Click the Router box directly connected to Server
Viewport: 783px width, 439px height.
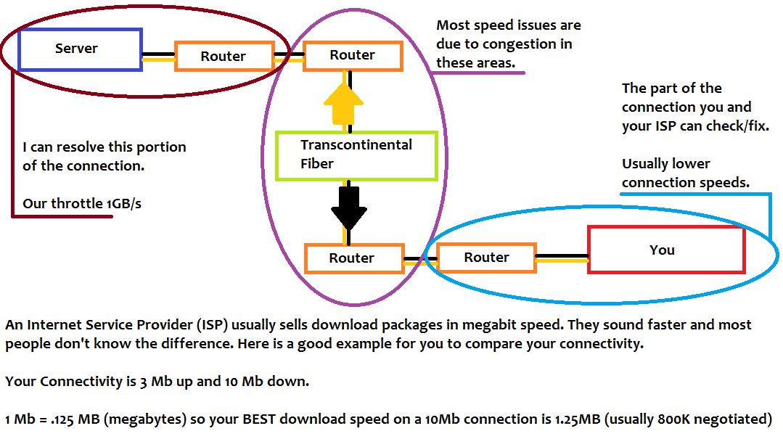(224, 56)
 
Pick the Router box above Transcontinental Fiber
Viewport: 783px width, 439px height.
(353, 56)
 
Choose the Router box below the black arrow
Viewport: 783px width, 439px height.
(354, 258)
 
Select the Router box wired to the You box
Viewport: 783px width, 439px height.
(486, 258)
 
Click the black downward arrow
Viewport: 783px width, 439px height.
(349, 208)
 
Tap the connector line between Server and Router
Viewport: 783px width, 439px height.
(159, 57)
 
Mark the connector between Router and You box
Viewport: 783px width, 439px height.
(562, 258)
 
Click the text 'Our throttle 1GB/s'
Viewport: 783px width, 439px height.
(82, 204)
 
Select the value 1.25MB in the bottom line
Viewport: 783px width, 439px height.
(577, 419)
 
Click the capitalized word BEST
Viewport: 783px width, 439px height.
(259, 419)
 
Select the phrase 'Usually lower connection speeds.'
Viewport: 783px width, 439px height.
(686, 173)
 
